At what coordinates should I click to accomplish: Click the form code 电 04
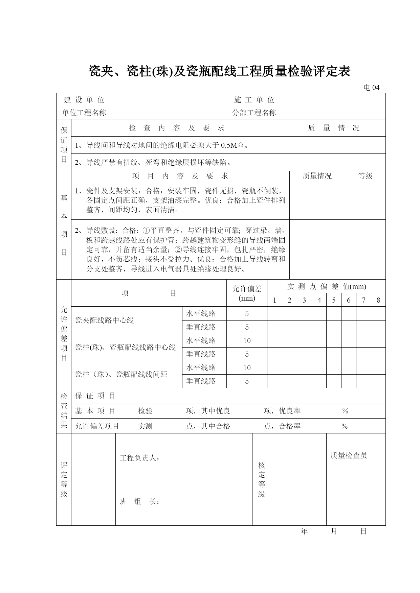[x=371, y=88]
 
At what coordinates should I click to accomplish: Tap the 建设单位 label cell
[x=84, y=100]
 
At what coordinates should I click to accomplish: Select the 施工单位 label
[x=254, y=100]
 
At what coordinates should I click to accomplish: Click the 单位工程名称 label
[x=84, y=113]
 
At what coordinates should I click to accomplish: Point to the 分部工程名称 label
[x=254, y=113]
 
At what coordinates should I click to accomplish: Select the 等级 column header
[x=365, y=176]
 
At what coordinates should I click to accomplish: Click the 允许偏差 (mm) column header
[x=247, y=293]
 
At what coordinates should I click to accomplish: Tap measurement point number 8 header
[x=378, y=300]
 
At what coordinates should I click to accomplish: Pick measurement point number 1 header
[x=274, y=300]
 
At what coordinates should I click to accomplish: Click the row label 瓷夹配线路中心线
[x=105, y=320]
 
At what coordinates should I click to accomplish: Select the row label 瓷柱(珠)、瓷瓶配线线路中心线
[x=126, y=347]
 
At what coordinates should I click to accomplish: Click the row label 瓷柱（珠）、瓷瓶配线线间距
[x=121, y=374]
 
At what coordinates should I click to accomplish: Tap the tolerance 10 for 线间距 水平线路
[x=247, y=368]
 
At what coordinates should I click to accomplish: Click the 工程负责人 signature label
[x=139, y=458]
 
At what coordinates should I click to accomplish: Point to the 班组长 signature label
[x=139, y=502]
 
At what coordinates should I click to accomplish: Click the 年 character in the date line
[x=304, y=531]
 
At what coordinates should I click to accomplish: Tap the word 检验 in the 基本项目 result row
[x=145, y=411]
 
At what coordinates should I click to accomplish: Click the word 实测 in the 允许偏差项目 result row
[x=145, y=426]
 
